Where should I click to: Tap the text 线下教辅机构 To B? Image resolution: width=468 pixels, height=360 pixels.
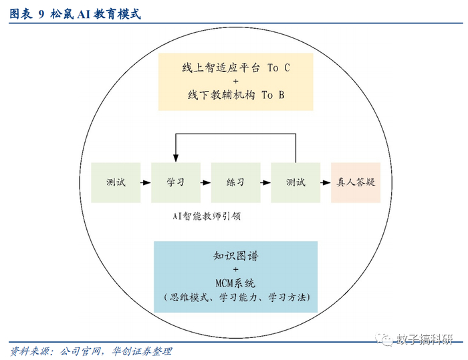click(236, 95)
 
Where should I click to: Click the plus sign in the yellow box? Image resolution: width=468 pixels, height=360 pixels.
click(236, 81)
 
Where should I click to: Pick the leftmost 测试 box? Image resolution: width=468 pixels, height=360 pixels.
click(115, 182)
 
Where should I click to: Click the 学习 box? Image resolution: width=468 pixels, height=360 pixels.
click(175, 182)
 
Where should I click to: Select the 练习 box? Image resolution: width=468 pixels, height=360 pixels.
click(235, 182)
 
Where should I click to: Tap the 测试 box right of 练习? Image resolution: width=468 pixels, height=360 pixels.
click(295, 182)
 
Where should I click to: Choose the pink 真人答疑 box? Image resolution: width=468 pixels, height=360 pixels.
click(355, 182)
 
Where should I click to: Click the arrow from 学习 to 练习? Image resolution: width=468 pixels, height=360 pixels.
click(205, 182)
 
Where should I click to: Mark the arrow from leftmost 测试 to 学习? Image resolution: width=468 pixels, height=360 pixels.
click(145, 182)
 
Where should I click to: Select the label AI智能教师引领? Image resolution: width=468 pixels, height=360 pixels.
click(206, 216)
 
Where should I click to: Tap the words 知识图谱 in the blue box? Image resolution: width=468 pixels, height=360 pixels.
click(236, 256)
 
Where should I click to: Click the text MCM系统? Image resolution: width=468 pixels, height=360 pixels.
click(236, 282)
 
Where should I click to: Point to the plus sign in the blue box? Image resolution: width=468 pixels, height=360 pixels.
click(236, 269)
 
